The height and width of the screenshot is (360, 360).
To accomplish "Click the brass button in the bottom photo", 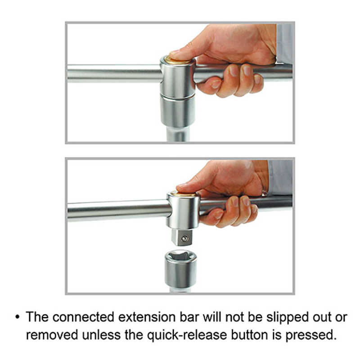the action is tap(183, 194).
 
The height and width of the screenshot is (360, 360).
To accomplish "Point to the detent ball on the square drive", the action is tap(185, 238).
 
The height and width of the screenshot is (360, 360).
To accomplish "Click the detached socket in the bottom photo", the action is tap(181, 268).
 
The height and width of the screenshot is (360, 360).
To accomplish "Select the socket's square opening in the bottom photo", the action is tap(181, 256).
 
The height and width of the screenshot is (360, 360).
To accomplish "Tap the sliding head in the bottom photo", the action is tap(183, 210).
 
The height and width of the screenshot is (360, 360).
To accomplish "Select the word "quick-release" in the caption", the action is tap(187, 335).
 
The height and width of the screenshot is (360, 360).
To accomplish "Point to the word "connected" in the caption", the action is tap(83, 317).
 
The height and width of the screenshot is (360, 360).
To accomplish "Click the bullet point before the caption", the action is tap(18, 317).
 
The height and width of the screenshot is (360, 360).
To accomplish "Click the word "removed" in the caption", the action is tap(52, 335).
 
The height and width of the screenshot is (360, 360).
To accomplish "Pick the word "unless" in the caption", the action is tap(101, 335).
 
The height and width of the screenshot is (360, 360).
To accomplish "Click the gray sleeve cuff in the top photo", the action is tap(285, 44).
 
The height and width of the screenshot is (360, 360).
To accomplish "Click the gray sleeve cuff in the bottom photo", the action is tap(280, 177).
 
